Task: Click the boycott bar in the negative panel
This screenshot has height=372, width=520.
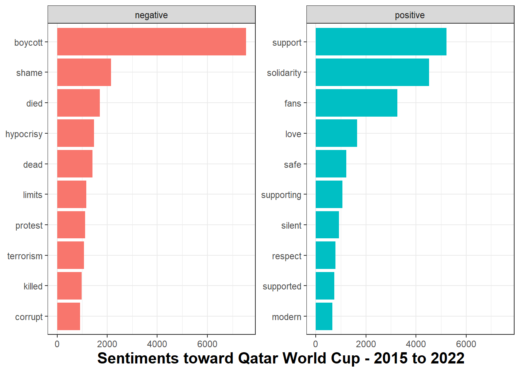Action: click(151, 41)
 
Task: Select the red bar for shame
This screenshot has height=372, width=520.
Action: click(84, 72)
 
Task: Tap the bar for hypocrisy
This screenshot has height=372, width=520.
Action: click(75, 133)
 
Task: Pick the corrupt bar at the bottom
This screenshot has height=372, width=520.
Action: click(68, 317)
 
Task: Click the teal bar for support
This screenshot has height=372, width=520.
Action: click(381, 41)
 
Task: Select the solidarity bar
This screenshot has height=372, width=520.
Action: click(372, 72)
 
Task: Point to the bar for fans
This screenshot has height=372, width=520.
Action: click(356, 103)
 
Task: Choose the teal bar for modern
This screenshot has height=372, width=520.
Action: click(324, 317)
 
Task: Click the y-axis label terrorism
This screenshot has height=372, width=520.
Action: click(25, 256)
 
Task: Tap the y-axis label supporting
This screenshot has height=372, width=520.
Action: click(281, 195)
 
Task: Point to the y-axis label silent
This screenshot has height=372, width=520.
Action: click(291, 226)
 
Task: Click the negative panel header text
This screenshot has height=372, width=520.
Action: click(151, 15)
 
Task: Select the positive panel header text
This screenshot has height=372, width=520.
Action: click(410, 15)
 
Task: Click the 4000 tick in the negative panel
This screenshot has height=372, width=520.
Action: click(157, 344)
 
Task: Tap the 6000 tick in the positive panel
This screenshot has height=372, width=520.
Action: click(466, 344)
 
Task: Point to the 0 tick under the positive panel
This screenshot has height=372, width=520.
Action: click(316, 344)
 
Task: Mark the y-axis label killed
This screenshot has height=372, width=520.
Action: click(33, 286)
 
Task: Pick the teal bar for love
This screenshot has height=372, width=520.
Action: click(336, 133)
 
